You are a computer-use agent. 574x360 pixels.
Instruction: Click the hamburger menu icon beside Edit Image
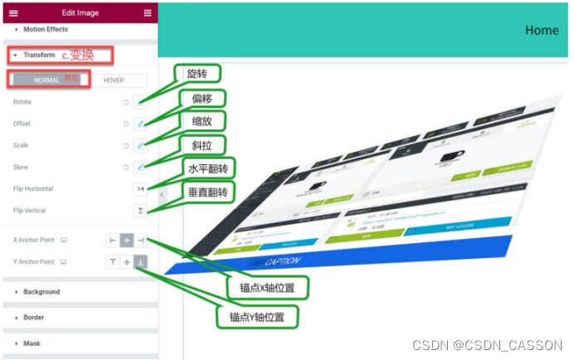tap(13, 12)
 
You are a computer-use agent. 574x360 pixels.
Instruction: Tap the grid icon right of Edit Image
tap(148, 12)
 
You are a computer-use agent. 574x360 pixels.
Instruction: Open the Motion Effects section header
tap(45, 29)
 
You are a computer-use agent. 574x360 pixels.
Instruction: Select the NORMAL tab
tap(46, 80)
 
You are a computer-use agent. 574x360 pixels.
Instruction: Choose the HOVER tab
tap(114, 80)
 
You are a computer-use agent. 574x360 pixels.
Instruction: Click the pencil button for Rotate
tap(140, 102)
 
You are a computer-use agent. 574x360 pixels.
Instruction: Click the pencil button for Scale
tap(140, 145)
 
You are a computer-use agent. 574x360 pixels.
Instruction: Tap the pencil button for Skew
tap(140, 167)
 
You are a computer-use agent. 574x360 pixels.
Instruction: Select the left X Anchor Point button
tap(112, 240)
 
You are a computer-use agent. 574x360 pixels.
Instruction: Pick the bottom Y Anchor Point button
tap(140, 261)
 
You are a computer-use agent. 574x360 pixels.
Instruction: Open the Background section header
tap(41, 292)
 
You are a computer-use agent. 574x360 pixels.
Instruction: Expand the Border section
tap(33, 318)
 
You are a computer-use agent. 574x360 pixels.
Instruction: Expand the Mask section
tap(32, 343)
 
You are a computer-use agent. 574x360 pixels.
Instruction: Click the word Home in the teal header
tap(542, 30)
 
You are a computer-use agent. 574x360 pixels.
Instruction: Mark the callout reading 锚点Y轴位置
tap(258, 317)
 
